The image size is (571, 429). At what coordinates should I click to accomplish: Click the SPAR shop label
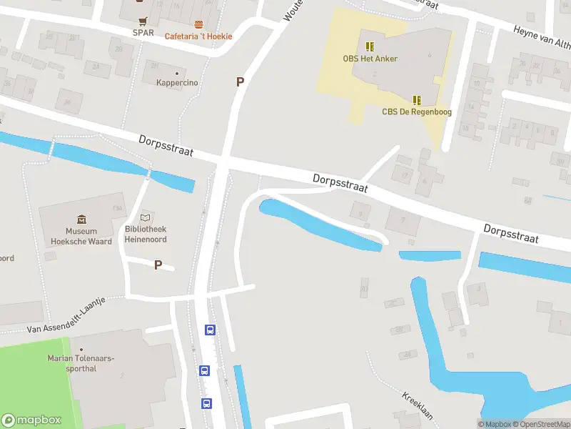(143, 32)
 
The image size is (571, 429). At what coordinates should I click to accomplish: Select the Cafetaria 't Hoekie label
(198, 36)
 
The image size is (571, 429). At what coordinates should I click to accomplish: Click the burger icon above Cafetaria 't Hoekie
(198, 24)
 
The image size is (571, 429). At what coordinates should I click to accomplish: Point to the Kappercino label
(177, 83)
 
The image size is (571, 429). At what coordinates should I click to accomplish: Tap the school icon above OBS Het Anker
(369, 46)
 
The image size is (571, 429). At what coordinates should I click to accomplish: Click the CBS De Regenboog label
(417, 112)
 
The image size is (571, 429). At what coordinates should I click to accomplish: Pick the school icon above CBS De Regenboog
(417, 100)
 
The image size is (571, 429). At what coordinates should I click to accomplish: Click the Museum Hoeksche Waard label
(81, 237)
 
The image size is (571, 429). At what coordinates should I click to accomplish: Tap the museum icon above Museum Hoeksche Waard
(81, 219)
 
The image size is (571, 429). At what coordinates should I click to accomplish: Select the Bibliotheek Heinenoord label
(146, 235)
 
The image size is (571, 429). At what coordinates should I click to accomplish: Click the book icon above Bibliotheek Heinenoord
(146, 217)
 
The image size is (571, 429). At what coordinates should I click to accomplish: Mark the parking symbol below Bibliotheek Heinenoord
(158, 265)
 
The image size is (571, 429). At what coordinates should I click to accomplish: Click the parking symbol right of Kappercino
(241, 82)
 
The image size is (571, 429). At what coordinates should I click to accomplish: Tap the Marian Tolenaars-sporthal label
(81, 363)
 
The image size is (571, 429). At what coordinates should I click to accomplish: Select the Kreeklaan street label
(418, 407)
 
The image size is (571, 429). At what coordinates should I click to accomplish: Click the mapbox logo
(31, 420)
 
